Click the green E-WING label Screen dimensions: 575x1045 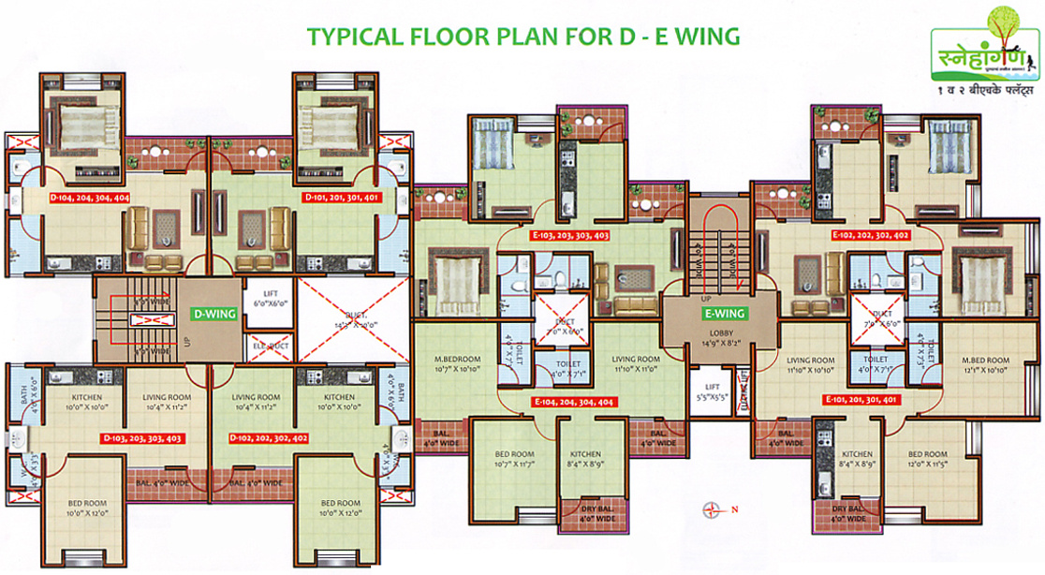click(723, 314)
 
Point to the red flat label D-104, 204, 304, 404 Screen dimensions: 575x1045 click(90, 199)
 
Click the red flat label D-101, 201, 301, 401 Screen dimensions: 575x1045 click(342, 199)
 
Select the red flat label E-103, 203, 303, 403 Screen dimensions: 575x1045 click(570, 235)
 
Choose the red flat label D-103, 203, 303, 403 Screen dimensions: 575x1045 click(141, 437)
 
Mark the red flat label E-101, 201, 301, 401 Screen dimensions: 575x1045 click(861, 399)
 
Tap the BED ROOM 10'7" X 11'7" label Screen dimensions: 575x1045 click(515, 460)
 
